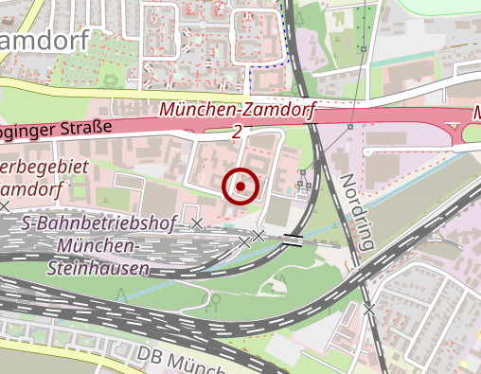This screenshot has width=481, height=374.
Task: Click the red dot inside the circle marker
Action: point(242,187)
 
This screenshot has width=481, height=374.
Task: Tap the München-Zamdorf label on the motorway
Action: point(236,110)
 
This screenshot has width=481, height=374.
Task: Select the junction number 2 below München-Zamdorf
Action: point(236,132)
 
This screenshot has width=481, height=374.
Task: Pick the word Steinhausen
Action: point(98,268)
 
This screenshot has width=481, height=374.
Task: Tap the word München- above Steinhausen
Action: point(98,246)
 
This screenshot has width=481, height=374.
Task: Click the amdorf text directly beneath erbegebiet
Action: point(32,188)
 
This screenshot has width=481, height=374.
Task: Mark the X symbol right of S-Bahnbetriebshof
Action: point(197,223)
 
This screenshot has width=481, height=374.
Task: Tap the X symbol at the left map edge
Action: point(6,205)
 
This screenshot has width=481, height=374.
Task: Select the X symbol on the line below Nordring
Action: point(368,310)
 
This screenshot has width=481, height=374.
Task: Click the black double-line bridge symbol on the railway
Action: point(293,239)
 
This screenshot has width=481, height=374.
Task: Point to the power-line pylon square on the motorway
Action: point(350,126)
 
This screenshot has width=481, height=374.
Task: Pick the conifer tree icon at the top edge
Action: point(299,16)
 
